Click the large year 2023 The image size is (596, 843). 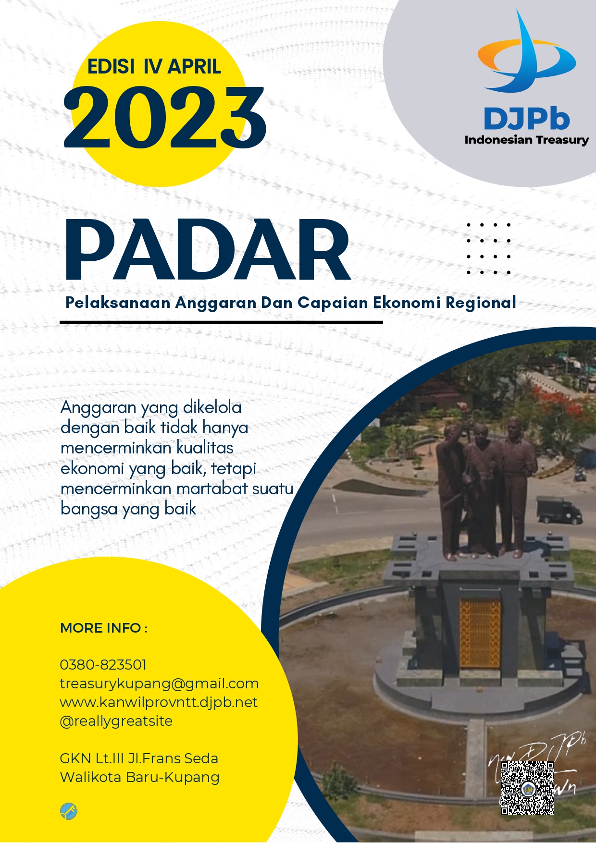(x=165, y=118)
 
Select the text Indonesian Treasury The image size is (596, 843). (x=526, y=140)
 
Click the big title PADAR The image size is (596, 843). (x=208, y=249)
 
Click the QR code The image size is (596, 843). (x=527, y=788)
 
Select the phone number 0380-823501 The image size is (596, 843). (x=103, y=665)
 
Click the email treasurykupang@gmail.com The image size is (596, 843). (x=159, y=684)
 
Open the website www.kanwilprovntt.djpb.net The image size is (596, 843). (x=159, y=702)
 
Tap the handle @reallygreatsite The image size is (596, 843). (x=116, y=721)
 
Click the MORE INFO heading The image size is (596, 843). (x=104, y=628)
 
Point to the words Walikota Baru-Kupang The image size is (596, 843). (x=140, y=777)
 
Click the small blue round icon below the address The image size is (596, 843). (x=69, y=811)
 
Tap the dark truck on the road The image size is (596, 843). (x=559, y=511)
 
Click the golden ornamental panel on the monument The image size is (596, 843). (x=480, y=633)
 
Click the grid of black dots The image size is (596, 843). (x=488, y=248)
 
